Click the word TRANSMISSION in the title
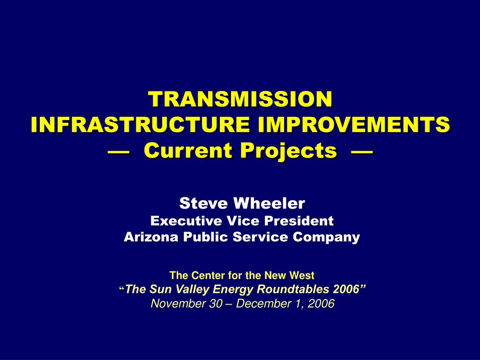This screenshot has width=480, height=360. tap(240, 99)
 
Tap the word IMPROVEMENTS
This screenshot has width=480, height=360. tap(354, 124)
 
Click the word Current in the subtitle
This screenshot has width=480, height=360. tap(188, 150)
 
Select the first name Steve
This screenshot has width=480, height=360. tap(203, 203)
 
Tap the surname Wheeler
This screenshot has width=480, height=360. tap(269, 203)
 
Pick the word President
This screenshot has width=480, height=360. tap(299, 221)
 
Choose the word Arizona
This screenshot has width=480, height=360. tap(151, 237)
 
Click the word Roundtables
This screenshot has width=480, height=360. tap(300, 289)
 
